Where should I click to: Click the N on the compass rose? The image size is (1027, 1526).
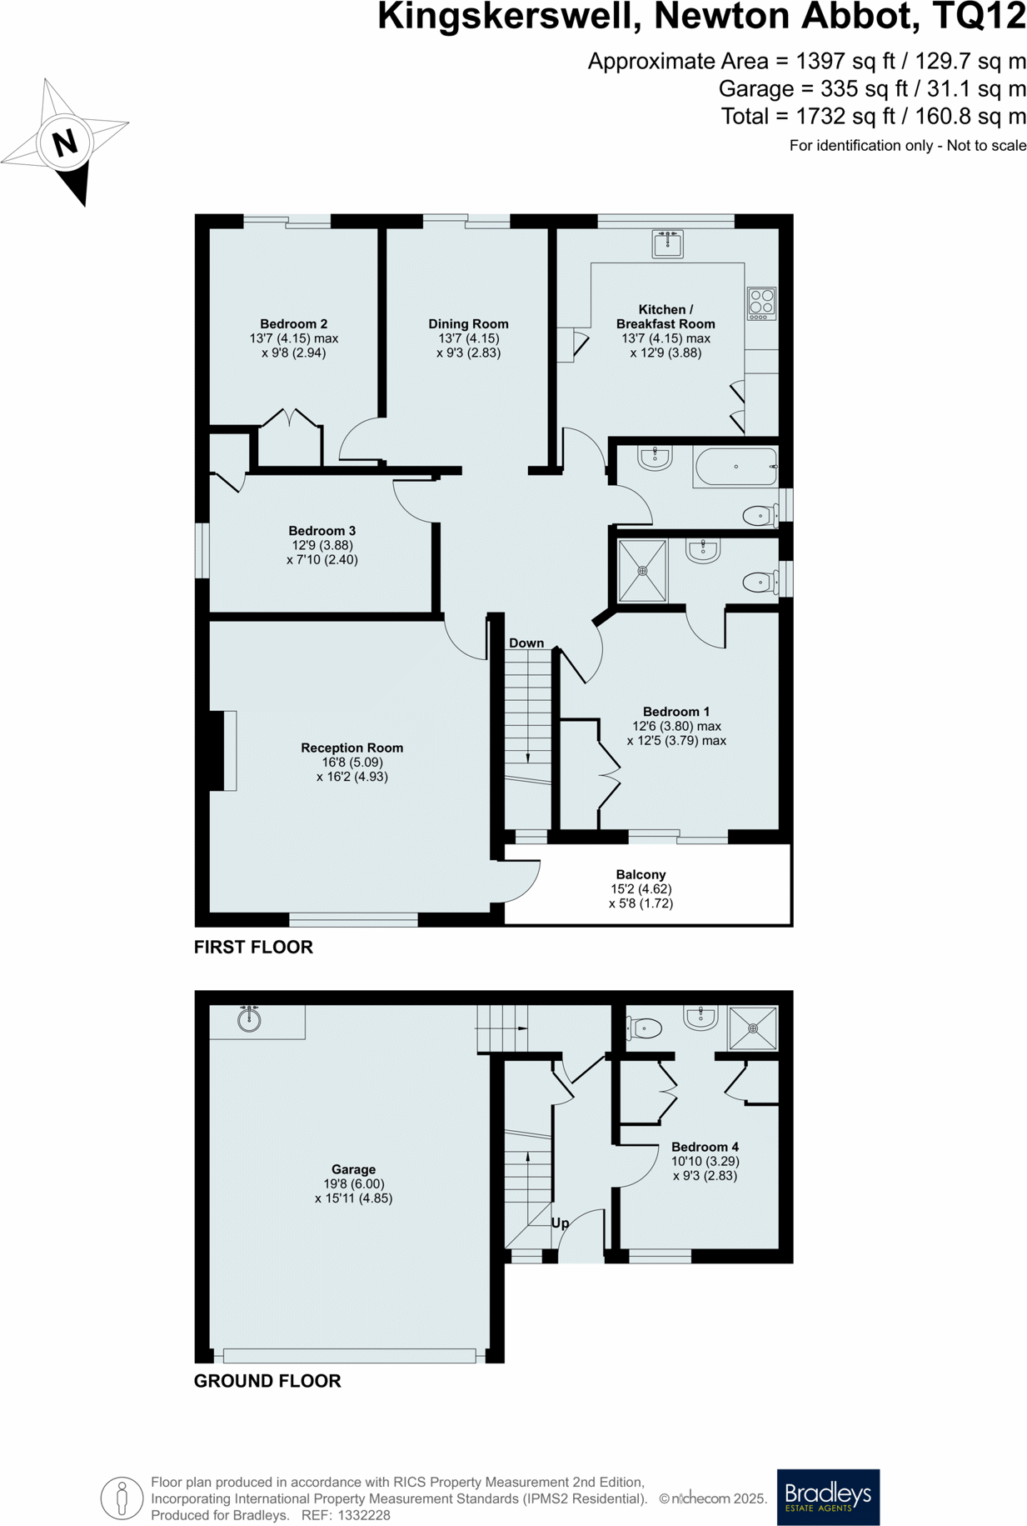coord(65,143)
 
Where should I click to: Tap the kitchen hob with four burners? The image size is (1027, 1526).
coord(761,303)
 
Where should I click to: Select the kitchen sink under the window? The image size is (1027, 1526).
coord(667,245)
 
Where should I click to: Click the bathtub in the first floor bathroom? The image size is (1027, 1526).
coord(735,467)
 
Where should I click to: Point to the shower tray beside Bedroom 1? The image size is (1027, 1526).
coord(642,571)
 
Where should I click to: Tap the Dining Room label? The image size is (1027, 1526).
coord(468,323)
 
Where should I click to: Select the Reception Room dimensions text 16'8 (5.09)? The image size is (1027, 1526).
coord(351,762)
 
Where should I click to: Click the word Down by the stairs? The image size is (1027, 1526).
coord(526,643)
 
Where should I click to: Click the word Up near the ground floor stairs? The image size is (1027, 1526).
coord(560,1223)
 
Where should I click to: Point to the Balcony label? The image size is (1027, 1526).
coord(641,874)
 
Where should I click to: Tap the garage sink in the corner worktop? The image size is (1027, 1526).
coord(249,1019)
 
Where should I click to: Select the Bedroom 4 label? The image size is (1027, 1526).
coord(705,1147)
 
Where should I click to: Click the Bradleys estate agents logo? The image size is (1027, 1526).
coord(828,1497)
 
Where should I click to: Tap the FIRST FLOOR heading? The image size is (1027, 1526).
coord(253,947)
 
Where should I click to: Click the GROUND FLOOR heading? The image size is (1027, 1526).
coord(267,1381)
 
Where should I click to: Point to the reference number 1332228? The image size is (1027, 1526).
coord(363,1515)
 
